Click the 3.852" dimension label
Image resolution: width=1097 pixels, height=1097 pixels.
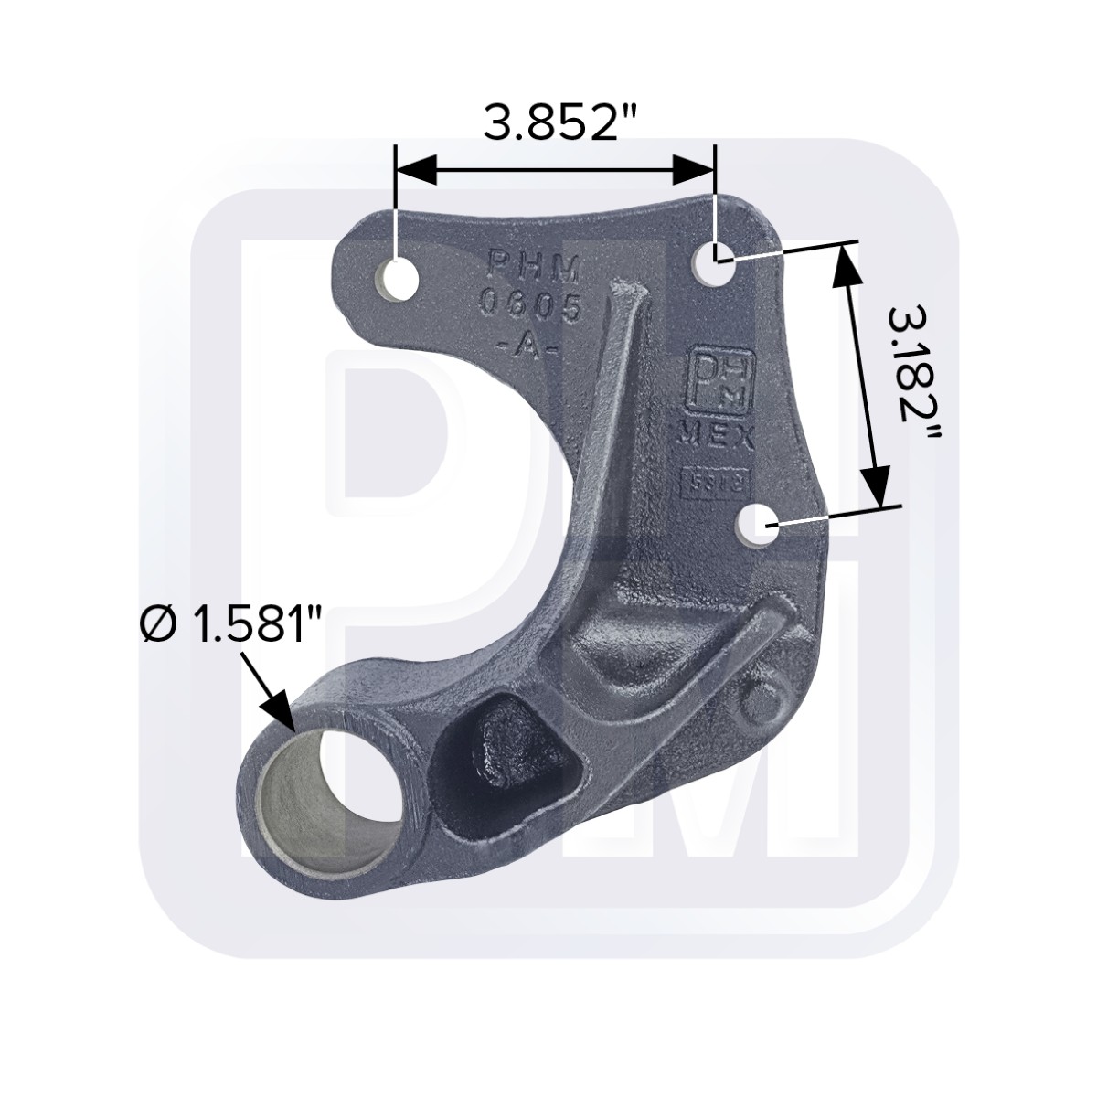pos(552,123)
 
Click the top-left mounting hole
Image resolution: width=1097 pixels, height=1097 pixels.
pos(399,276)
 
